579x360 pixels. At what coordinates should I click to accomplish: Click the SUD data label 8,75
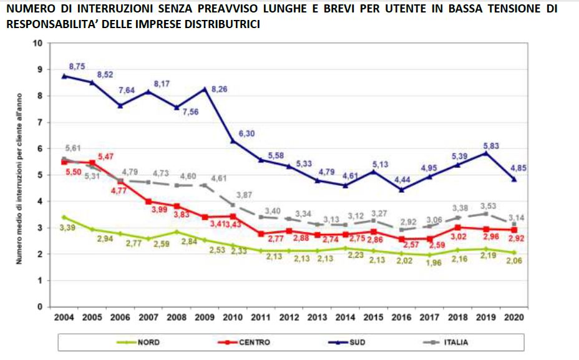point(76,66)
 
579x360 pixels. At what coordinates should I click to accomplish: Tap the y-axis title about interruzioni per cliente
point(21,175)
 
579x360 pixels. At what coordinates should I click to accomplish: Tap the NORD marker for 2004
point(64,217)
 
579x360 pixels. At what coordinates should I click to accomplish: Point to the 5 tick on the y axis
point(39,175)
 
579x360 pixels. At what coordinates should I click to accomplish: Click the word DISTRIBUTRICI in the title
point(223,24)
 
